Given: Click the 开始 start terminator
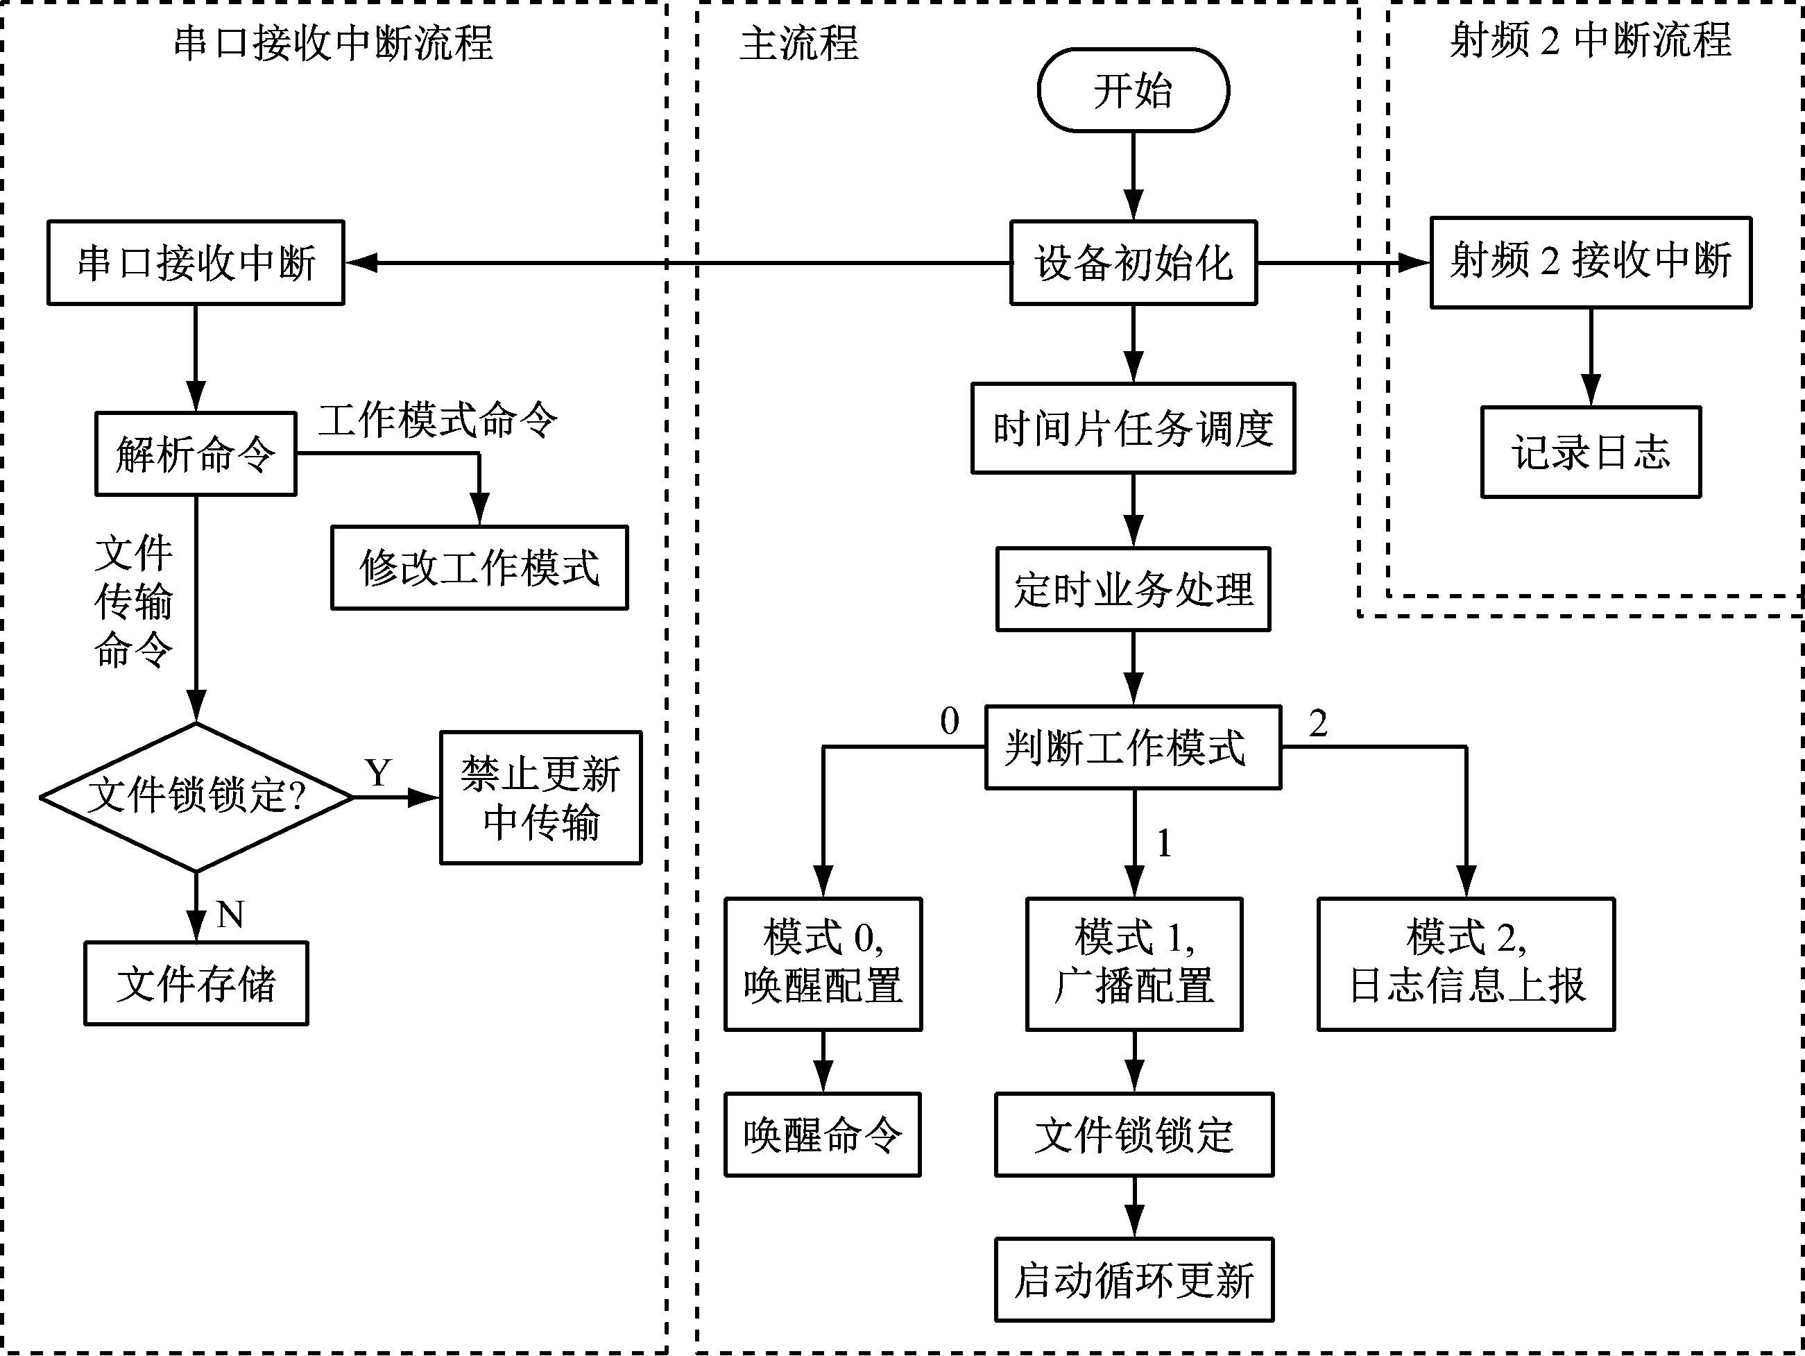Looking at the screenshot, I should pos(1133,90).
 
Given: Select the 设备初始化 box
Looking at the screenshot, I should pos(1133,263).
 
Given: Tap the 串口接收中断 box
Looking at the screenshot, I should pos(196,263).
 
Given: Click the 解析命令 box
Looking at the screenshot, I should pos(196,454).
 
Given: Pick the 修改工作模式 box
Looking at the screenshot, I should pos(479,568).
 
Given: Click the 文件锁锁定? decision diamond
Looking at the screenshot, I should pos(196,797).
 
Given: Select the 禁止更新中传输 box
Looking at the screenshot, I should pos(540,797).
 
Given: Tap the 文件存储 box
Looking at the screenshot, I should pos(196,984).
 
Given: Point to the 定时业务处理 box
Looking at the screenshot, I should pos(1133,589).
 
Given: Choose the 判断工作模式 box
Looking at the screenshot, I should pos(1133,747).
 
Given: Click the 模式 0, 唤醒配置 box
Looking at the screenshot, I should pos(823,964).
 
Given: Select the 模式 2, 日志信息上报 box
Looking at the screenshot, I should pos(1466,964).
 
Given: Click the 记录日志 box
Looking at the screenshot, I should pos(1591,452).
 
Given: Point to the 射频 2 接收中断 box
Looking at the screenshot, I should pos(1591,262).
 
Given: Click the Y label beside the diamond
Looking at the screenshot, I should pos(378,772).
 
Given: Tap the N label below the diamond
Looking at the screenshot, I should pos(231,915).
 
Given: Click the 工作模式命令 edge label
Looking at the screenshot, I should pos(438,421).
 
